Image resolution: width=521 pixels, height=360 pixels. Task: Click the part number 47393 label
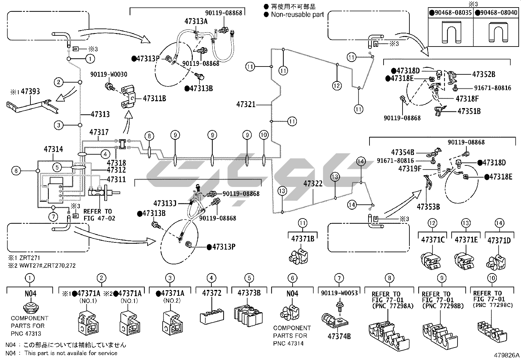click(x=30, y=91)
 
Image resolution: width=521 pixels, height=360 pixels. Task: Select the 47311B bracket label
click(x=154, y=99)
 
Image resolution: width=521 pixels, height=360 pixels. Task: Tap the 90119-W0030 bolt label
click(x=109, y=74)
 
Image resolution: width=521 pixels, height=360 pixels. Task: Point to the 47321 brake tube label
click(x=246, y=104)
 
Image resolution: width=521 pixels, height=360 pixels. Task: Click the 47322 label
click(x=313, y=184)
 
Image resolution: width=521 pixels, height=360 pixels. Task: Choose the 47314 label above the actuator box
click(x=53, y=149)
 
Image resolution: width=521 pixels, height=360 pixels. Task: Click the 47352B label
click(x=484, y=74)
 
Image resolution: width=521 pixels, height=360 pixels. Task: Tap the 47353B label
click(x=428, y=207)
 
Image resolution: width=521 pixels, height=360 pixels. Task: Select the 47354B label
click(x=403, y=152)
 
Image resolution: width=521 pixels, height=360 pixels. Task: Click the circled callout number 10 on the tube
click(x=264, y=135)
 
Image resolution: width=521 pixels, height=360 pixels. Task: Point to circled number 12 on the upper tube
click(x=337, y=86)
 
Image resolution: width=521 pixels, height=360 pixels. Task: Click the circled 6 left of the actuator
click(x=16, y=171)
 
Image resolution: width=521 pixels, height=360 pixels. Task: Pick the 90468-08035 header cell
click(x=451, y=12)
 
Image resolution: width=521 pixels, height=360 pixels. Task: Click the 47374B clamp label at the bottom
click(x=339, y=336)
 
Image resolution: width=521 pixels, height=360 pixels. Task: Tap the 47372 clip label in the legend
click(x=212, y=293)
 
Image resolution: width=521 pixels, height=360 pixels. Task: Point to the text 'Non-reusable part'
click(x=297, y=14)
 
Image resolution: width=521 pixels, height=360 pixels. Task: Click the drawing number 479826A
click(x=507, y=355)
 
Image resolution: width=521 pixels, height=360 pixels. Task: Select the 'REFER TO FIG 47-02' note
click(x=99, y=215)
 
